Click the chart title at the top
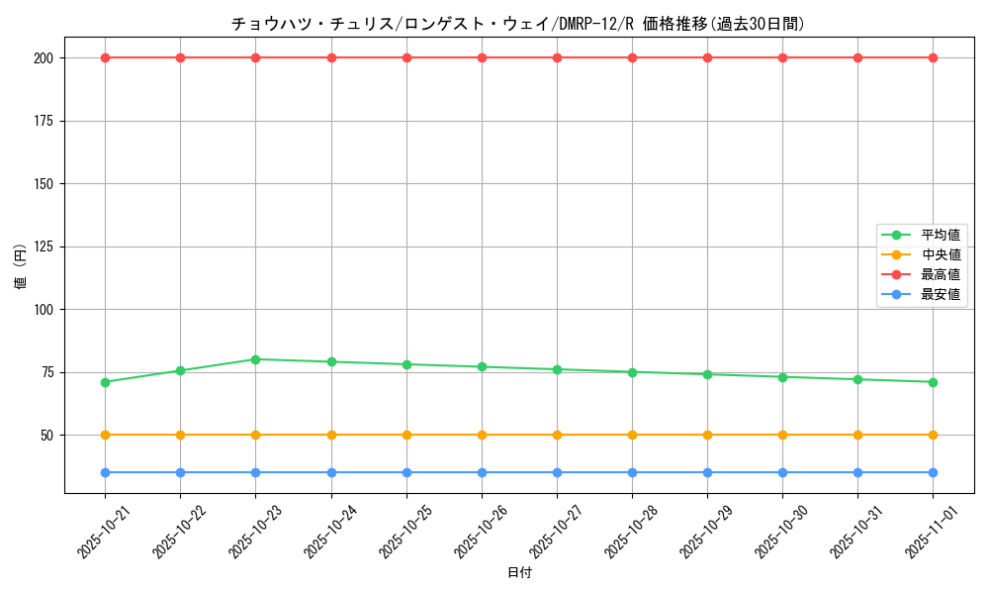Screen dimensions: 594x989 click(x=518, y=24)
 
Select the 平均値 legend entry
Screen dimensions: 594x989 click(x=940, y=235)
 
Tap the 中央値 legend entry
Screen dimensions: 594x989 click(x=940, y=254)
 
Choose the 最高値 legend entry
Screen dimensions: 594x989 click(x=940, y=274)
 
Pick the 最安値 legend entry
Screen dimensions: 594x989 click(x=940, y=294)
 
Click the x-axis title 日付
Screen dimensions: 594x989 click(x=518, y=572)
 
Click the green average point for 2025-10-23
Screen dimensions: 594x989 click(x=255, y=359)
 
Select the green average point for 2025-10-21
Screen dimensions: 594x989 click(x=105, y=382)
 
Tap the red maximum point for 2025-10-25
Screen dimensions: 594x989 click(x=406, y=57)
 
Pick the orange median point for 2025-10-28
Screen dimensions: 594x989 click(x=632, y=435)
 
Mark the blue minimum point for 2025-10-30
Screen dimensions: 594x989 click(x=782, y=472)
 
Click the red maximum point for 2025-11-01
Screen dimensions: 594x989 click(x=933, y=57)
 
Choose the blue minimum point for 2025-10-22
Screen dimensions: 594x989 click(x=180, y=472)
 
